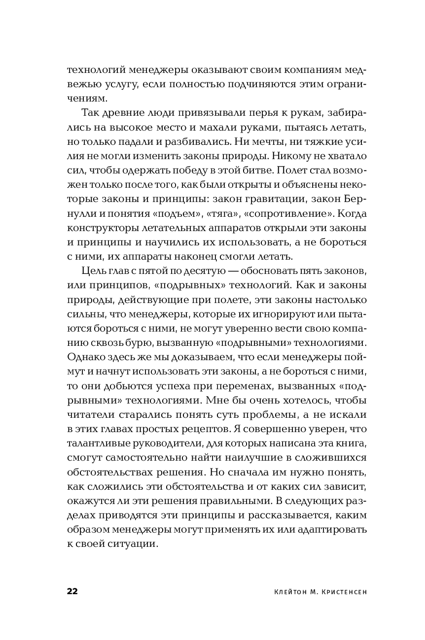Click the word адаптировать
(324, 529)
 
